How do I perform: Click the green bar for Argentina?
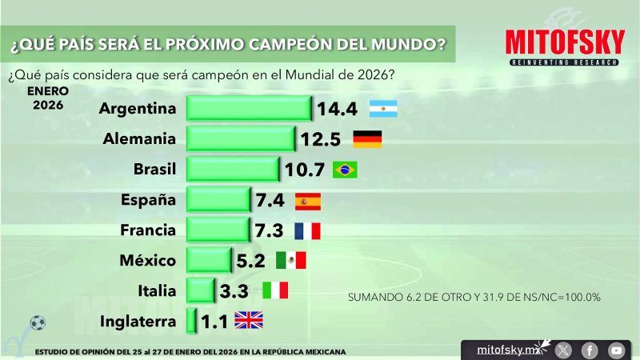point(249,109)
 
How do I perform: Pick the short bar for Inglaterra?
point(191,321)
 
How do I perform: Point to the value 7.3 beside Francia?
point(268,230)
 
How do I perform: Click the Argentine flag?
point(383,109)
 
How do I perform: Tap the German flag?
point(367,139)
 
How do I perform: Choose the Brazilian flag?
point(345,170)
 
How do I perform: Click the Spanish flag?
point(308,200)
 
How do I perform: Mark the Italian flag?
point(275,290)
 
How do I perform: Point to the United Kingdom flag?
point(249,321)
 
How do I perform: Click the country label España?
point(147,200)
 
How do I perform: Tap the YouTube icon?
point(615,350)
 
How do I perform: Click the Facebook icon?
point(590,350)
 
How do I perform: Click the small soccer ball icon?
point(37,323)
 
